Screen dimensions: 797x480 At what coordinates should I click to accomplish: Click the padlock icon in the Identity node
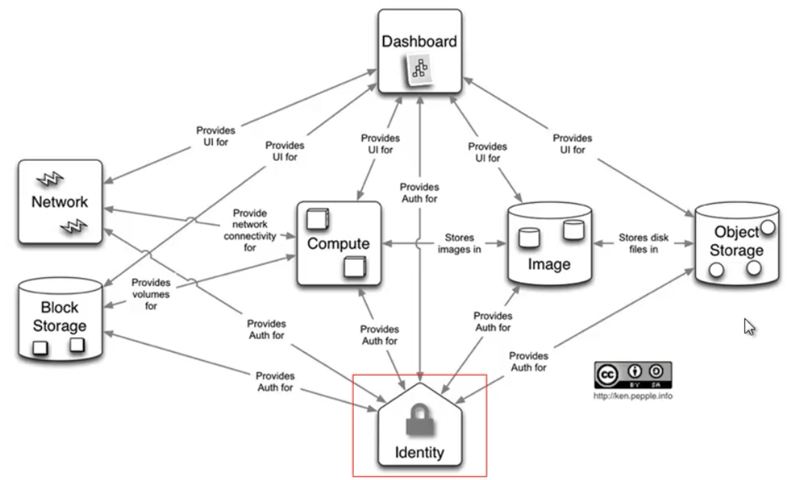[x=420, y=419]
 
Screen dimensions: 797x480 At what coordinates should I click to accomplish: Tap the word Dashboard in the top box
[x=419, y=41]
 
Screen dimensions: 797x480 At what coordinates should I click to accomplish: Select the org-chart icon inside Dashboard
[x=420, y=69]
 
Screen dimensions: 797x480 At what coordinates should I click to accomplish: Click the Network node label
[x=59, y=202]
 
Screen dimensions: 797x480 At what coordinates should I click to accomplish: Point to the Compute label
[x=338, y=243]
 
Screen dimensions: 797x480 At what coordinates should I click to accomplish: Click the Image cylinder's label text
[x=549, y=264]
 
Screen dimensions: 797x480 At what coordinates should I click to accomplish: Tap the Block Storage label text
[x=59, y=317]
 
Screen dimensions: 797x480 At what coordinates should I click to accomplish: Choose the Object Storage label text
[x=736, y=241]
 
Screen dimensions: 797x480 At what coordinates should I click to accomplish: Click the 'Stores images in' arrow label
[x=460, y=243]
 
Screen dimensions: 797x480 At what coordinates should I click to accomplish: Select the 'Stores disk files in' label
[x=643, y=243]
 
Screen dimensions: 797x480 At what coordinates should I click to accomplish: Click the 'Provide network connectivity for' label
[x=250, y=230]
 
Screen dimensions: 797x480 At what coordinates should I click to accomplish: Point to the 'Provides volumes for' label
[x=151, y=294]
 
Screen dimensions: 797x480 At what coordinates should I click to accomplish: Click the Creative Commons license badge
[x=633, y=375]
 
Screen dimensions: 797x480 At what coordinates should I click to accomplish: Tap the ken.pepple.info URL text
[x=633, y=396]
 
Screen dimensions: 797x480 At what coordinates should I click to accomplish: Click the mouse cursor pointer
[x=749, y=327]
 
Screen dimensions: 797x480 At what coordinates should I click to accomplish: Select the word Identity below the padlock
[x=419, y=452]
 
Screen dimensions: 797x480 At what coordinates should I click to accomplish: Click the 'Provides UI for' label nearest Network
[x=215, y=136]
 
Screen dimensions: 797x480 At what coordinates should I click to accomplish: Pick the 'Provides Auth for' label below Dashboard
[x=419, y=192]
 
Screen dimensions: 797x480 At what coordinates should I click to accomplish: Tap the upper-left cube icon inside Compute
[x=318, y=219]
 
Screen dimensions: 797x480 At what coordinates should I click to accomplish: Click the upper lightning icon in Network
[x=49, y=179]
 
